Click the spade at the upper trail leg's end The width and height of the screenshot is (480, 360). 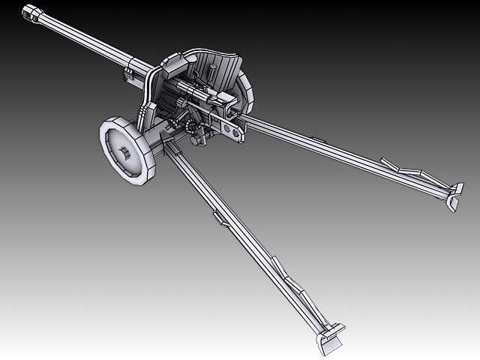pos(454,195)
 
